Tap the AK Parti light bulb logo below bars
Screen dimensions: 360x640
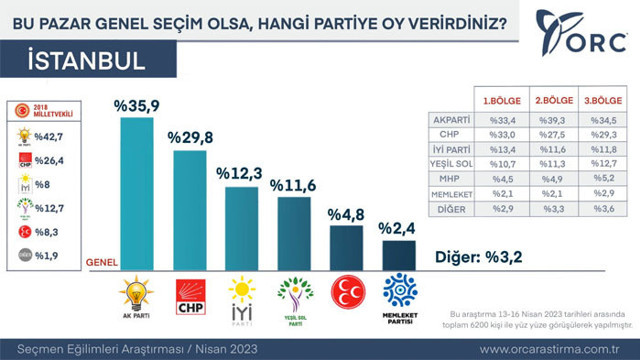[136, 291]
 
